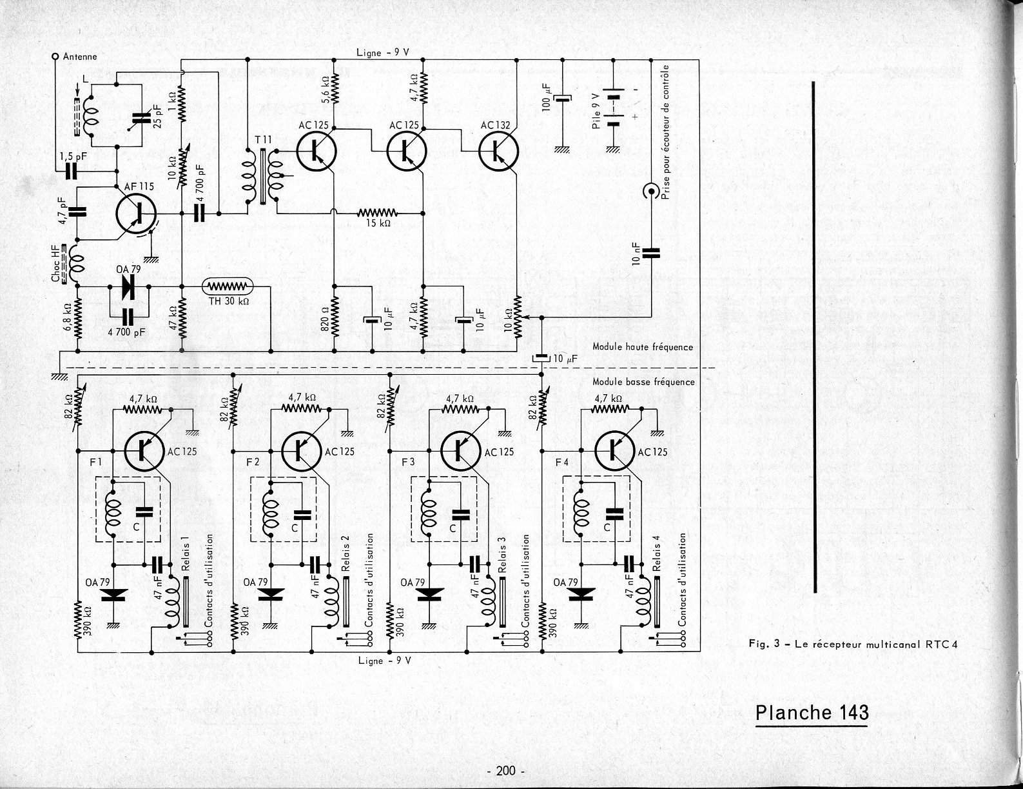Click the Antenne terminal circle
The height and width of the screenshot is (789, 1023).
(55, 57)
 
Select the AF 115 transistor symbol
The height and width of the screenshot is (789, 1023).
(136, 214)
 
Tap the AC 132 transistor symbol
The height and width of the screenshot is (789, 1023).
(498, 151)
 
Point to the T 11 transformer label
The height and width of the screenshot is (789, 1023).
(264, 140)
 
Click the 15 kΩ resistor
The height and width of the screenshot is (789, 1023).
(376, 213)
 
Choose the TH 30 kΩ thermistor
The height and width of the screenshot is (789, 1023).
(228, 286)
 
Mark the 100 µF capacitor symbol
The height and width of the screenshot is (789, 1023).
(562, 99)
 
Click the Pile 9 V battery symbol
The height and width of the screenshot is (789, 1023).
(614, 107)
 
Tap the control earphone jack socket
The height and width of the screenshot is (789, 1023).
(651, 191)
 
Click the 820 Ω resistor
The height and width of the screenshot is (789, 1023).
(335, 317)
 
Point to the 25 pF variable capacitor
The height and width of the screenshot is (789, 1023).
(141, 118)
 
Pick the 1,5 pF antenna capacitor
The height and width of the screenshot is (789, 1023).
(71, 172)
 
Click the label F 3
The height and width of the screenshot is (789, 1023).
(408, 462)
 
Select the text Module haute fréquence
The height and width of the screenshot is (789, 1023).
(643, 347)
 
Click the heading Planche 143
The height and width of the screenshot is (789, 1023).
(812, 712)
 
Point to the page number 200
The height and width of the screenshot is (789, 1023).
(505, 771)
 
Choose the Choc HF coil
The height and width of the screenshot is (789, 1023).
(75, 265)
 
